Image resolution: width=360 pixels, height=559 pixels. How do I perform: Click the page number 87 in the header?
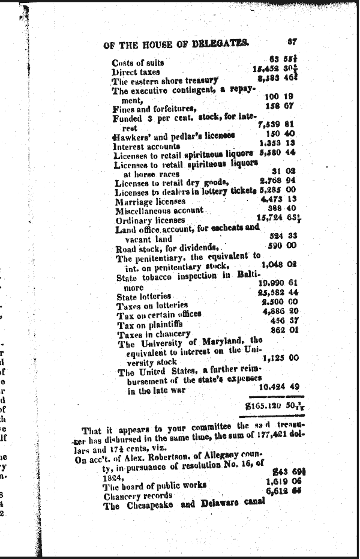coord(292,43)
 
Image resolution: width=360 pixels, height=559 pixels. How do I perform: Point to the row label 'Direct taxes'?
coord(136,72)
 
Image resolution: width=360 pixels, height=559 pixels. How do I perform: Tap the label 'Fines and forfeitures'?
coord(155,109)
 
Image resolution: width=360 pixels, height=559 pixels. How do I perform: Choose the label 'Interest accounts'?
coord(146,146)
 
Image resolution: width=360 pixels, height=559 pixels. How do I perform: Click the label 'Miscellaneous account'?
coord(159,211)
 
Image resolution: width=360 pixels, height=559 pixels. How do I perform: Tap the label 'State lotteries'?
coord(144,297)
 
